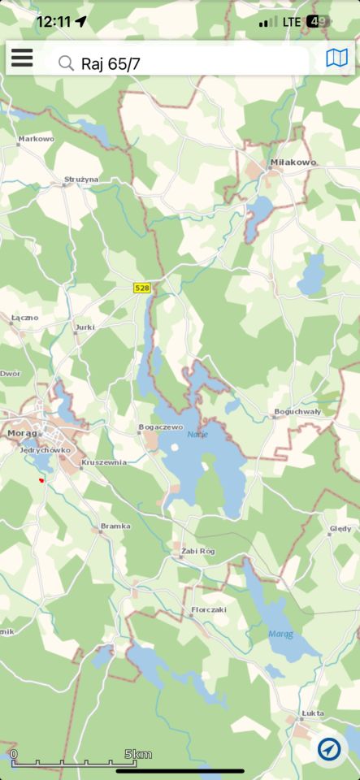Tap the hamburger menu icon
[22, 58]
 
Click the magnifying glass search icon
[67, 63]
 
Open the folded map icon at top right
[336, 58]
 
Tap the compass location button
[329, 749]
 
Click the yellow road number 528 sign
[142, 288]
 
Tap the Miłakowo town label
[293, 162]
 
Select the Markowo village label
[36, 139]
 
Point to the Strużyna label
[81, 179]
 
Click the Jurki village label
[85, 327]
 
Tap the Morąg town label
[22, 433]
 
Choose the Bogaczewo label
[161, 427]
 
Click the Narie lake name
[197, 435]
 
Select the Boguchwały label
[297, 412]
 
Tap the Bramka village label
[115, 526]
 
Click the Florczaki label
[208, 609]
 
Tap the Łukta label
[312, 713]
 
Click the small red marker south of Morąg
[41, 480]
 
